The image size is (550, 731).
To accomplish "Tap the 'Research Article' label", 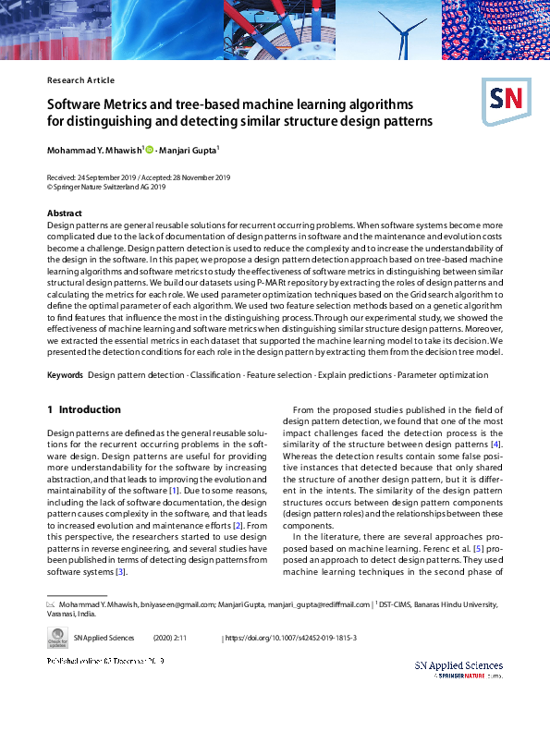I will [80, 80].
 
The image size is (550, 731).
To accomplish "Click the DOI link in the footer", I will [291, 639].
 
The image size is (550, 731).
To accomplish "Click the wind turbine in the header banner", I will [399, 32].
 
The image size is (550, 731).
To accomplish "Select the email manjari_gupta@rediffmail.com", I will [314, 605].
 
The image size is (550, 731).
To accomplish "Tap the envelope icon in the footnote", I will [51, 605].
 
